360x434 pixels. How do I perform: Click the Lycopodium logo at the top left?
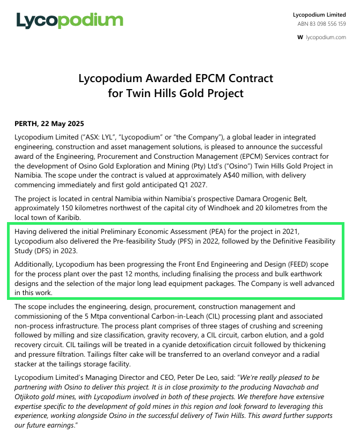click(x=70, y=20)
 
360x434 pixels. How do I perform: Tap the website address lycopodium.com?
click(x=326, y=37)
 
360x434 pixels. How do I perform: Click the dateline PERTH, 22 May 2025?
click(x=49, y=124)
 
